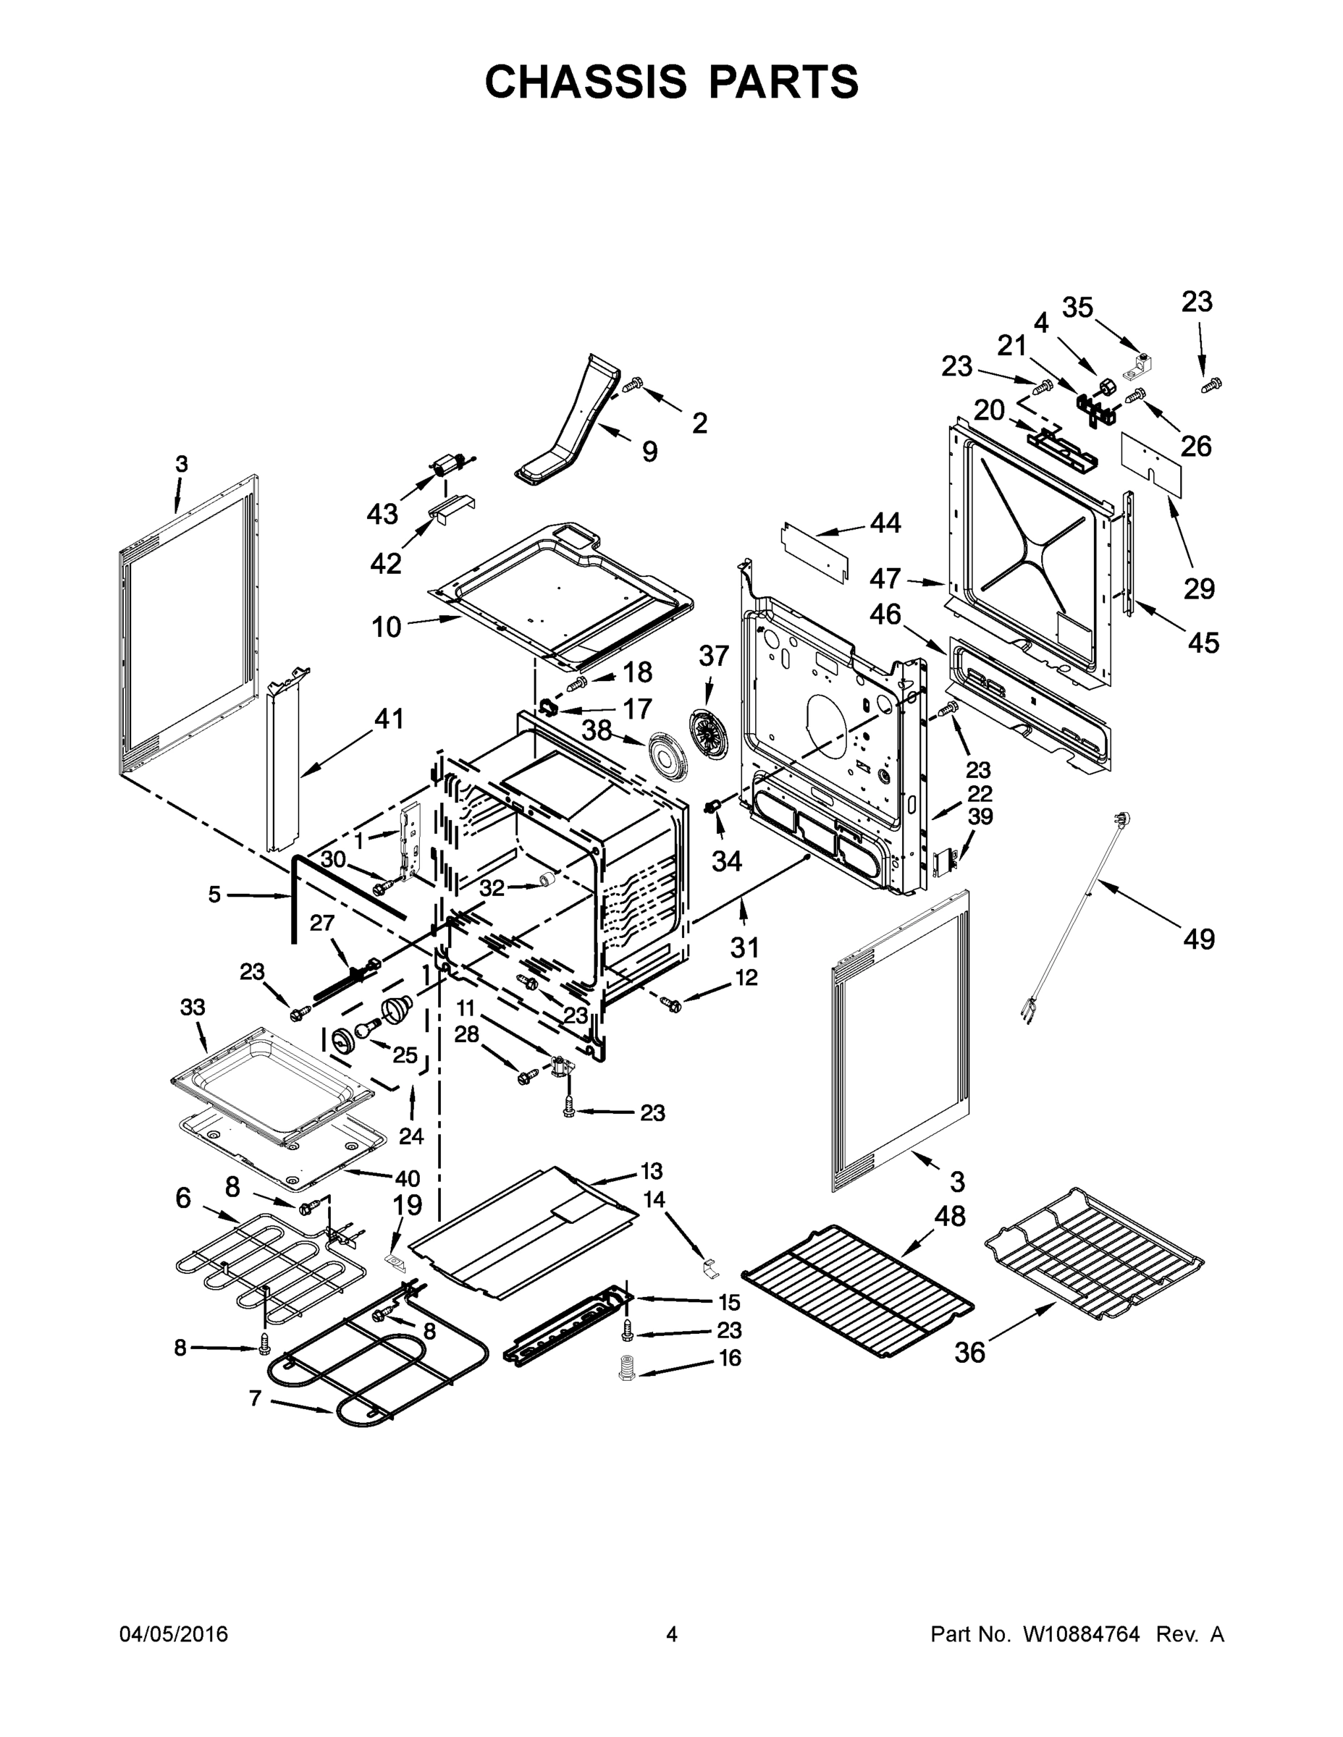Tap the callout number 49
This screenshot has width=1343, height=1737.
(x=1198, y=939)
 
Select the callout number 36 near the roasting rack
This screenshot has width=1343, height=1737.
(x=969, y=1352)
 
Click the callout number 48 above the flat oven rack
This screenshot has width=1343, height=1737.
(x=950, y=1216)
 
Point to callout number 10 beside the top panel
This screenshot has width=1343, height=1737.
(x=387, y=627)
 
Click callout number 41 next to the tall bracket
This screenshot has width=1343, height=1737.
(x=389, y=719)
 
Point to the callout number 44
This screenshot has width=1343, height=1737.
(x=885, y=523)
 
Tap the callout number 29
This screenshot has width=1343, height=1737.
(x=1199, y=588)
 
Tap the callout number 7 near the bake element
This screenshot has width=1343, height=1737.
(x=255, y=1398)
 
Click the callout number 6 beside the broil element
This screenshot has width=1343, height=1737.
(x=184, y=1198)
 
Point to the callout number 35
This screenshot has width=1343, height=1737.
(x=1078, y=307)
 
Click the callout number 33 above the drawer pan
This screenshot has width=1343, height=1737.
(x=193, y=1007)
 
